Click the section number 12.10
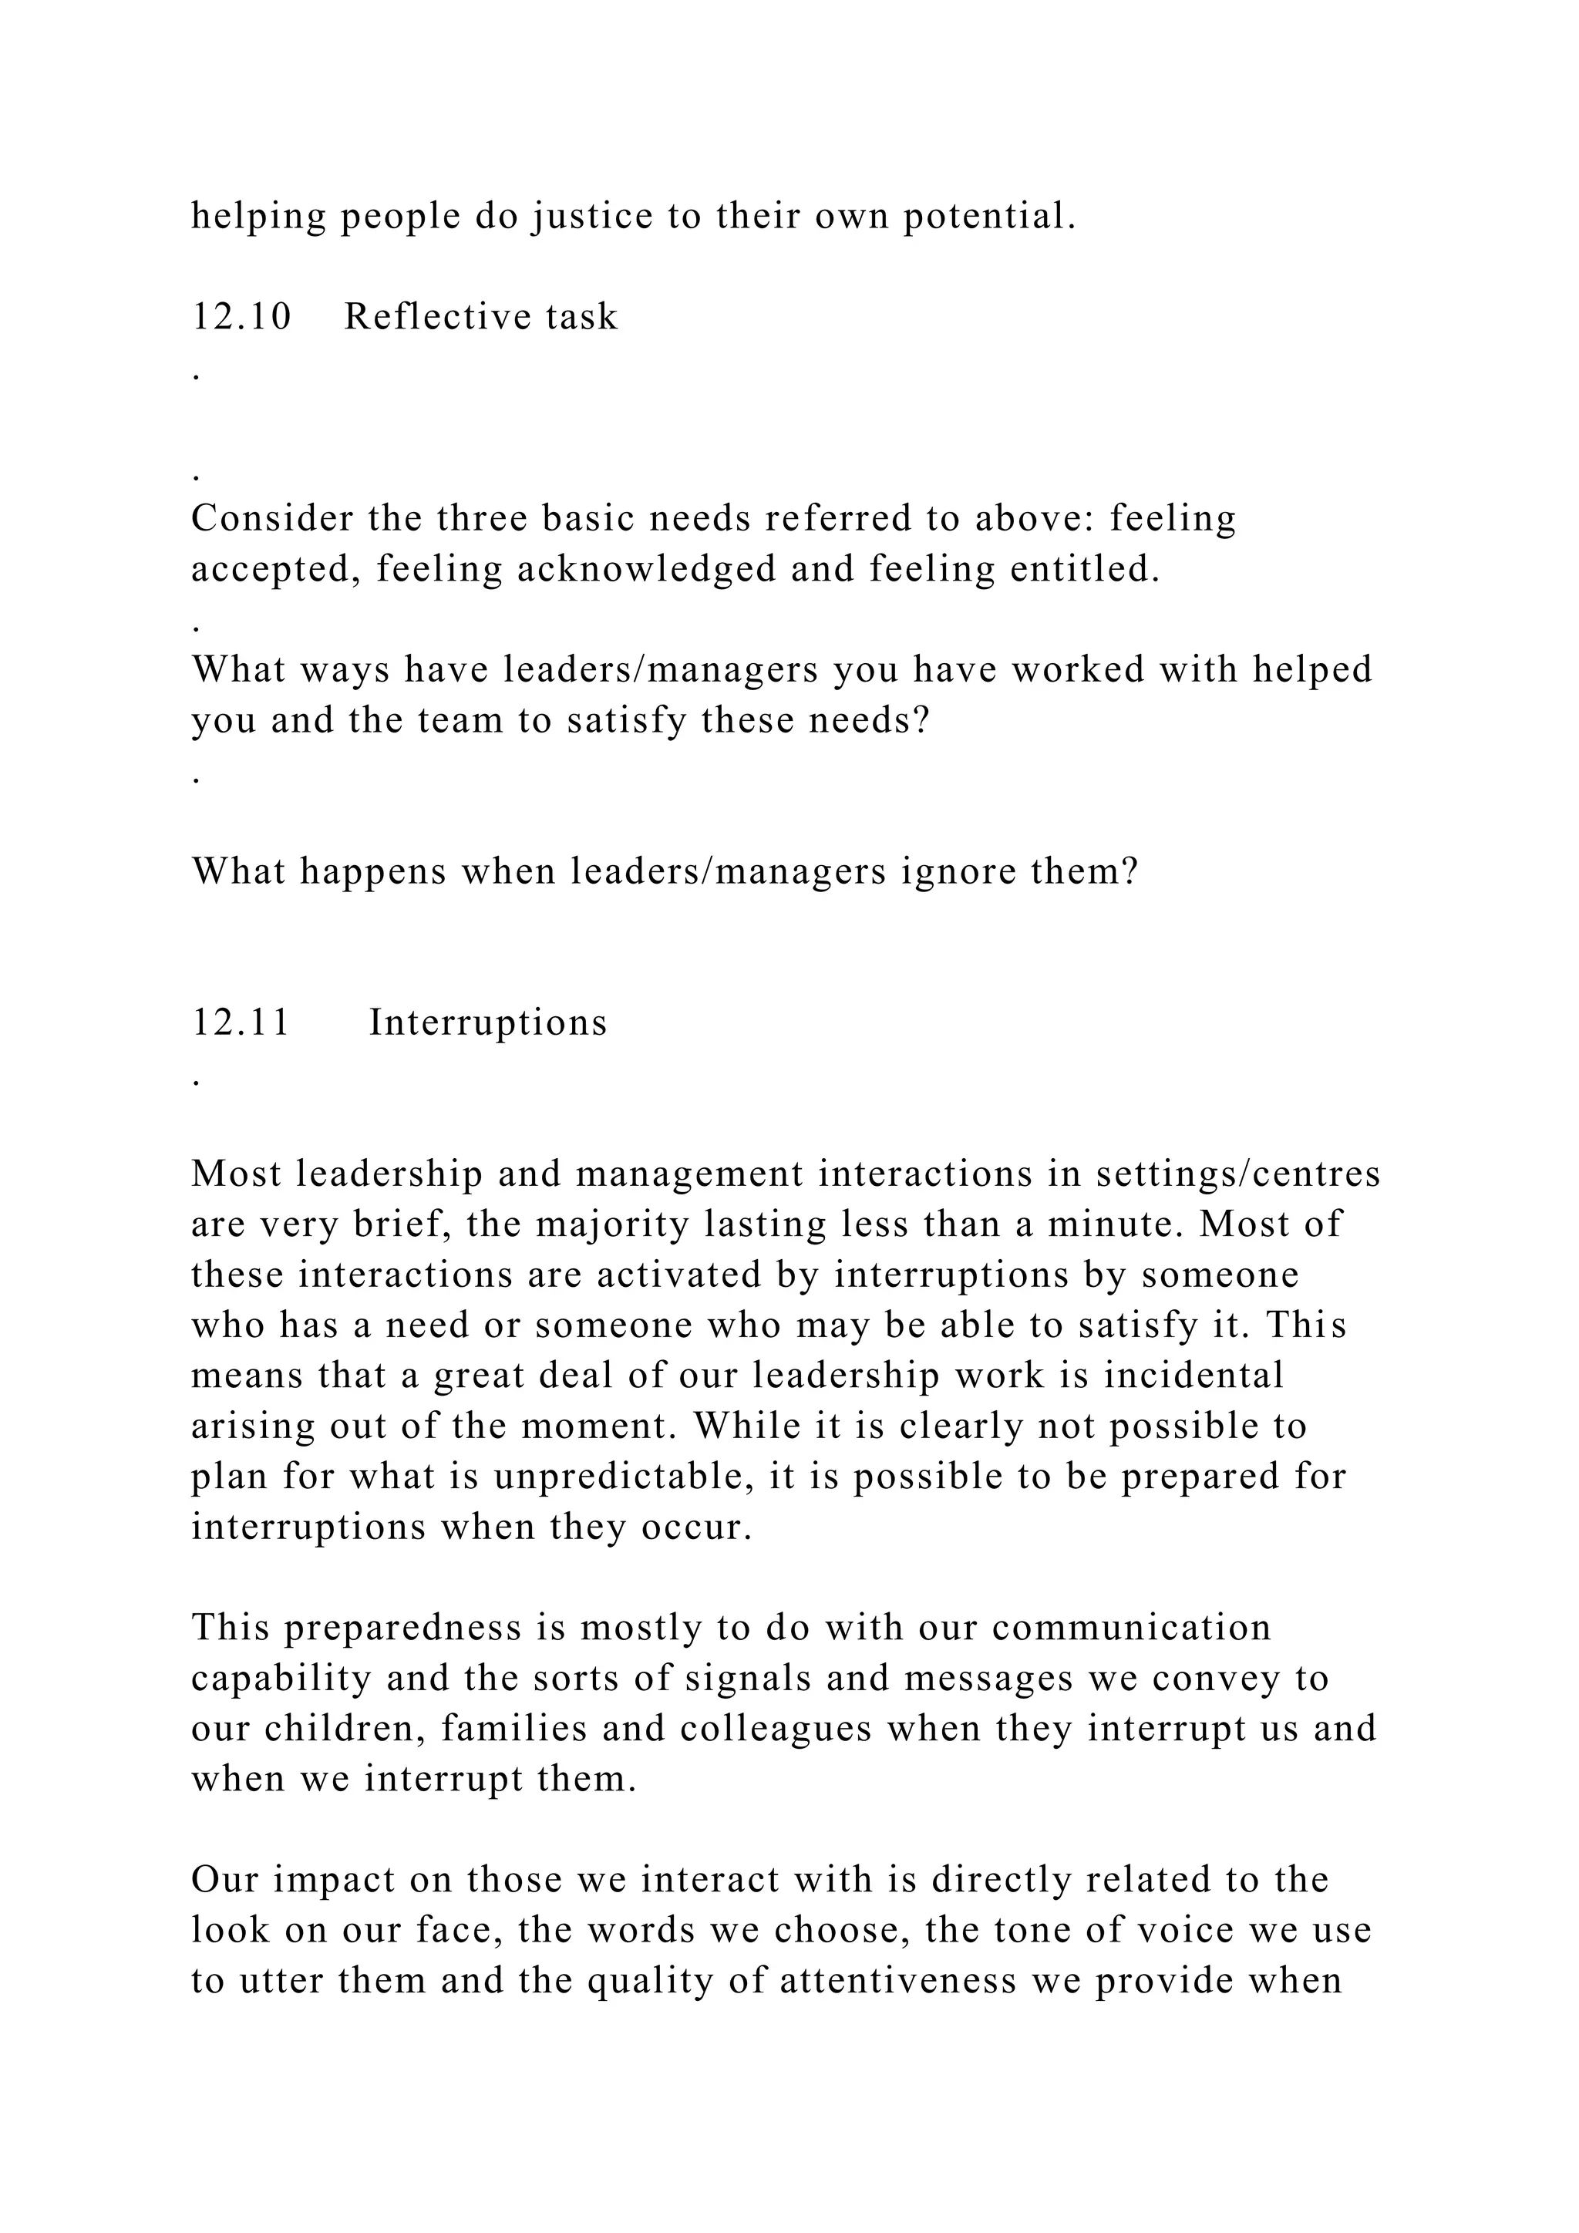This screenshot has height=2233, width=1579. tap(241, 317)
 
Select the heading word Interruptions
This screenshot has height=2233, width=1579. tap(488, 1022)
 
